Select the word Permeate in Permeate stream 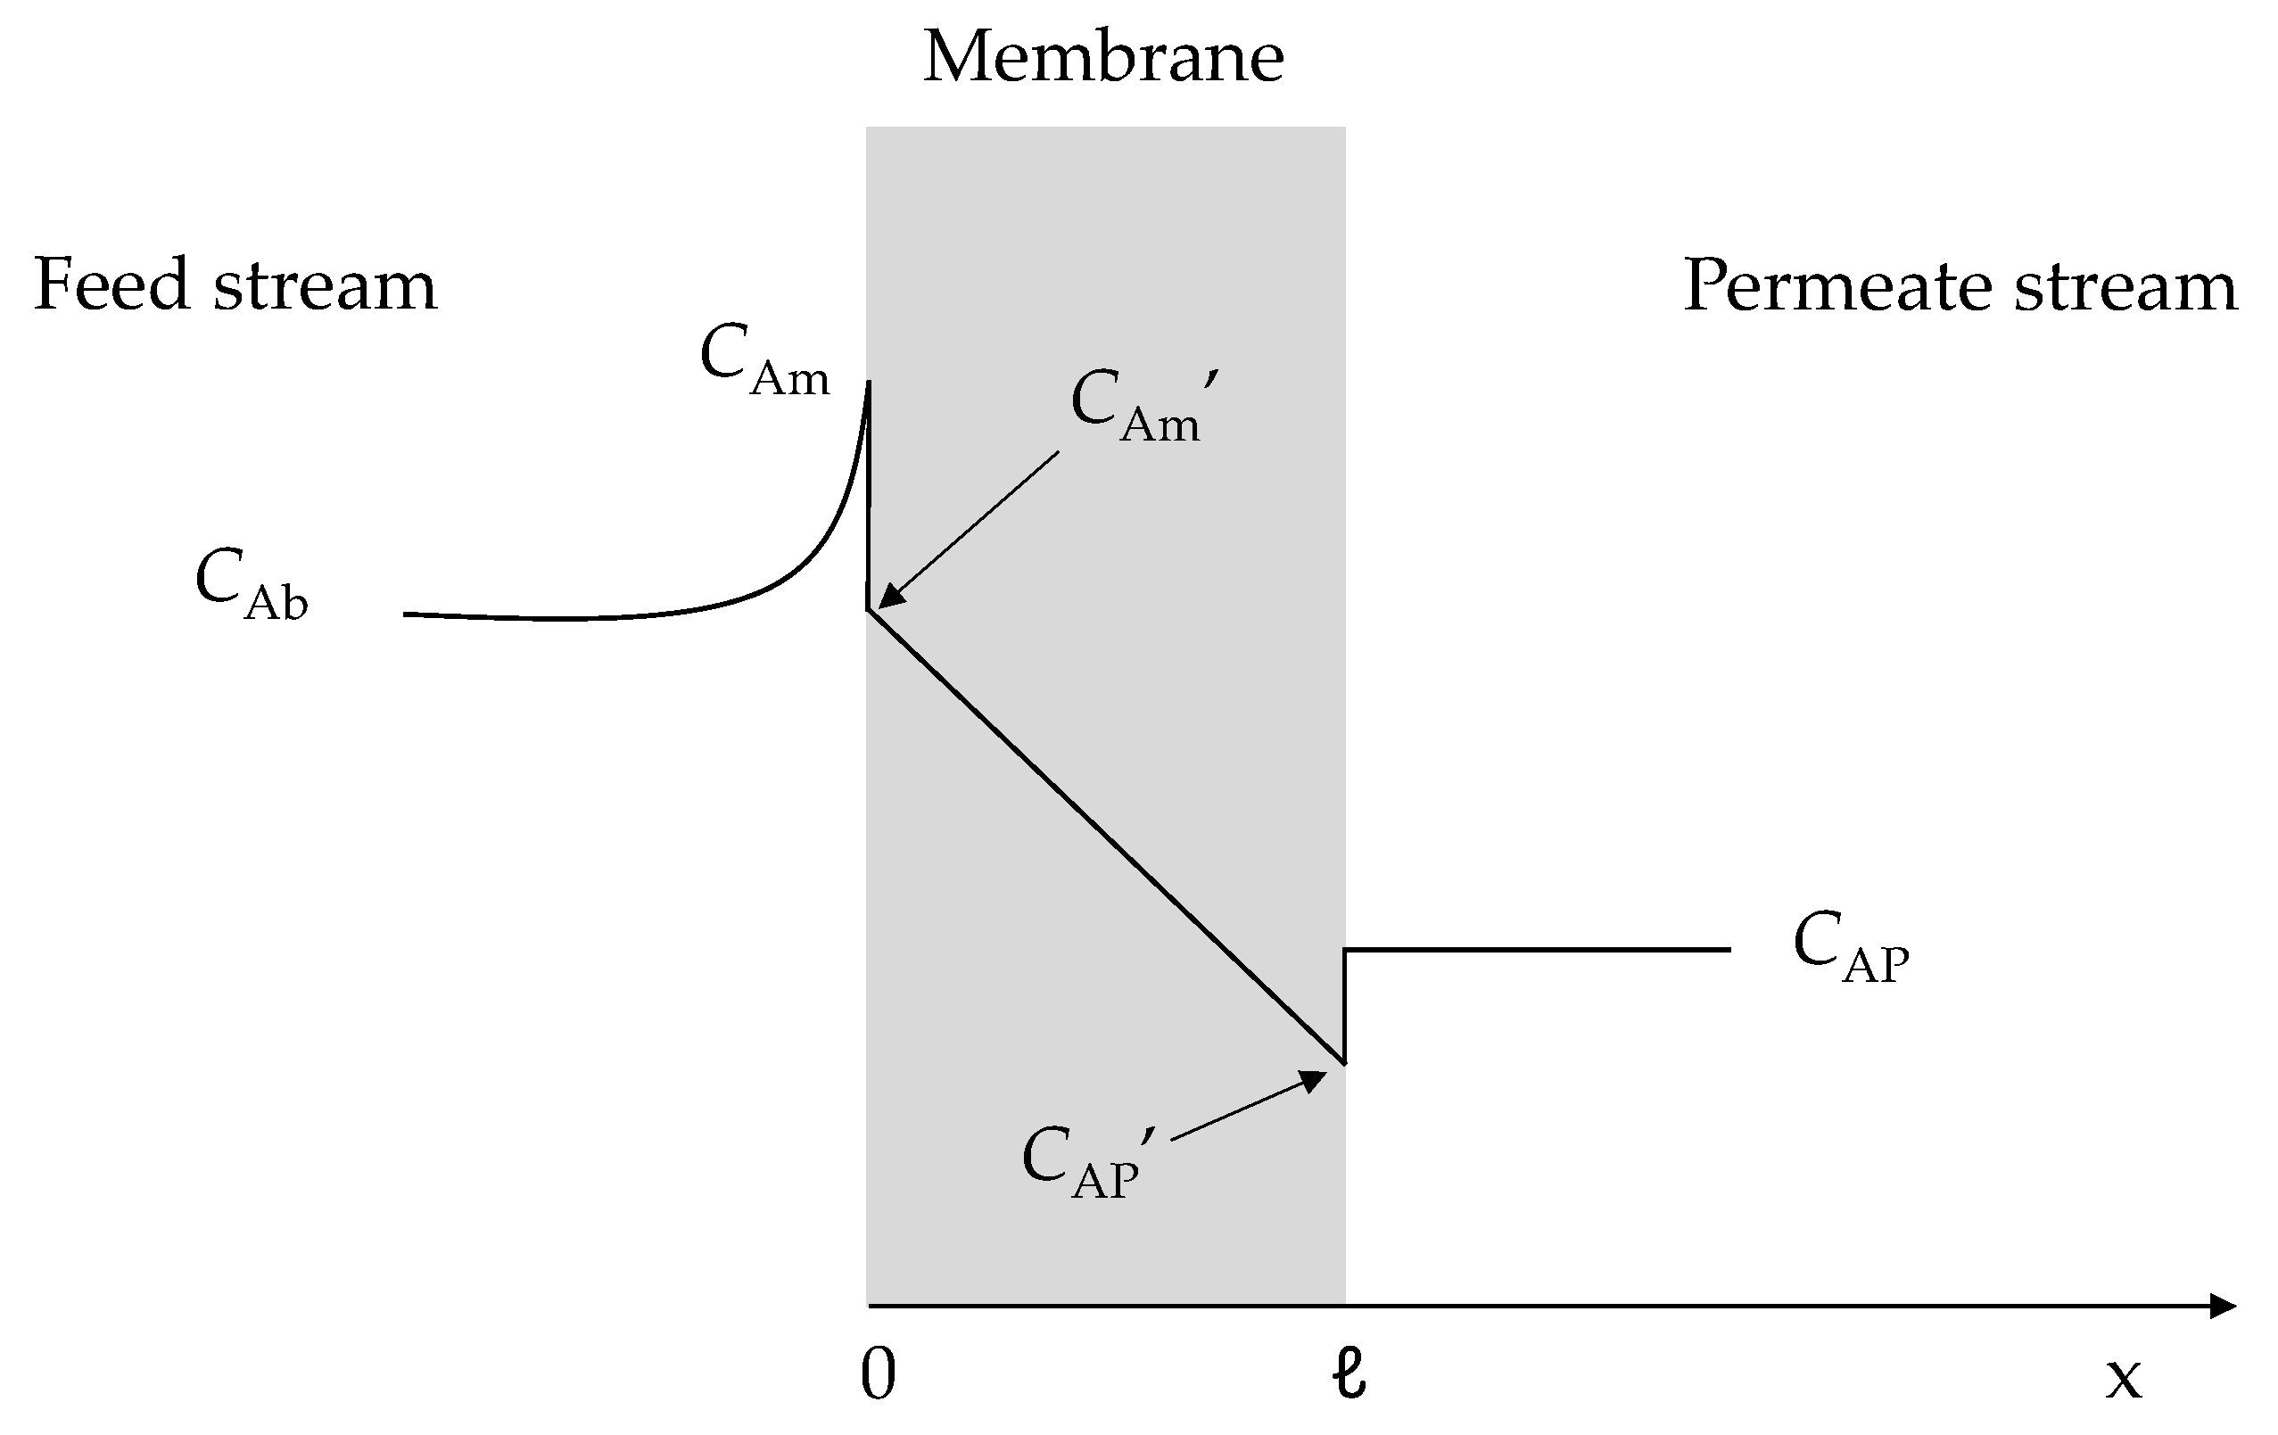coord(1836,285)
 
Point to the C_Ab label coord(252,583)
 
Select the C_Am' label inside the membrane coord(1142,406)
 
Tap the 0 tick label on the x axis coord(877,1374)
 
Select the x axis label coord(2124,1378)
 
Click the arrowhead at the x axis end coord(2223,1307)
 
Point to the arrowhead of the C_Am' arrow coord(889,598)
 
